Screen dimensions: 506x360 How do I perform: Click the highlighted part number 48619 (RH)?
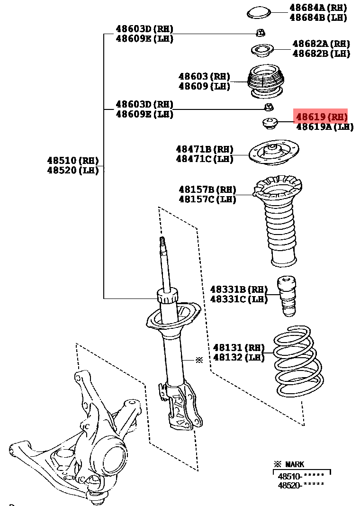click(322, 117)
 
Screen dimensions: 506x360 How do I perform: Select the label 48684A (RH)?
click(318, 8)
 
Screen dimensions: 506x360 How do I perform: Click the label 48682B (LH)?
click(321, 54)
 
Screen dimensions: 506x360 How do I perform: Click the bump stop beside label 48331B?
click(288, 296)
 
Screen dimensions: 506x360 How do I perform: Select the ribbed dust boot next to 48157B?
click(279, 220)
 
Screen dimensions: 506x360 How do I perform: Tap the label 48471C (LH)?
click(205, 159)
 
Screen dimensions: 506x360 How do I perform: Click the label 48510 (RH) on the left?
click(72, 160)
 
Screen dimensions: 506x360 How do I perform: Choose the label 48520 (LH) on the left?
click(72, 171)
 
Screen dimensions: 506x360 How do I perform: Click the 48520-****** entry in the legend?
click(301, 485)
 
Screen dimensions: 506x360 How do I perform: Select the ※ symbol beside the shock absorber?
click(199, 360)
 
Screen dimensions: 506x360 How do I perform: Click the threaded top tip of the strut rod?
click(162, 242)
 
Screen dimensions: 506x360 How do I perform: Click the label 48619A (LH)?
click(324, 127)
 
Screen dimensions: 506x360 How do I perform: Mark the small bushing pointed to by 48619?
click(270, 123)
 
